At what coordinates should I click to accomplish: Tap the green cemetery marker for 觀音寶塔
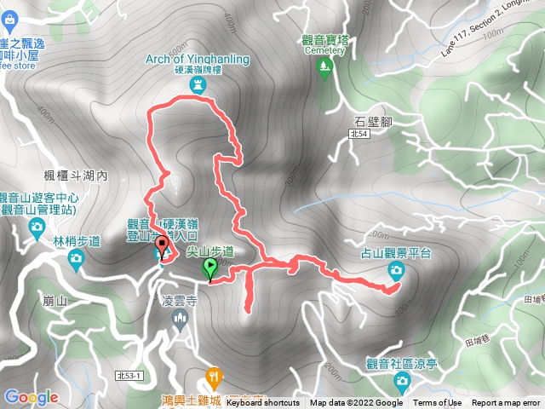click(324, 72)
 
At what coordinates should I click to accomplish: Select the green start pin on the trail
click(209, 268)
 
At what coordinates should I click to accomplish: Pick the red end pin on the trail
click(162, 247)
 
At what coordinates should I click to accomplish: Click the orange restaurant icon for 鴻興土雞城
click(213, 376)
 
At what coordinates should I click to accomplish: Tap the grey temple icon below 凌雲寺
click(179, 320)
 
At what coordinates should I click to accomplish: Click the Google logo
click(31, 397)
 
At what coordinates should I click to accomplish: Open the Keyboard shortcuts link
click(262, 403)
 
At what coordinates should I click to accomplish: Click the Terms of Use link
click(438, 403)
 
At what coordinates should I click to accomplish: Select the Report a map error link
click(506, 403)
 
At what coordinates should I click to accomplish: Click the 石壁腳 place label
click(374, 120)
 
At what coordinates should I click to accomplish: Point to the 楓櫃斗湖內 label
click(78, 176)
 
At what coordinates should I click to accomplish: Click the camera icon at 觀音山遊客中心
click(36, 226)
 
